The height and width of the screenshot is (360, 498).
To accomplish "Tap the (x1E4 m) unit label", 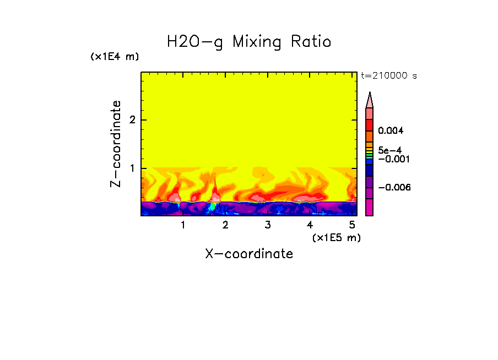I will coord(115,57).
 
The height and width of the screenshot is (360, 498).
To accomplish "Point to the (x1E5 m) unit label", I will coord(335,237).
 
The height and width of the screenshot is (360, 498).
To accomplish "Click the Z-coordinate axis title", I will coord(116,144).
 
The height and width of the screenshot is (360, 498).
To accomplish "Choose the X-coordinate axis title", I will coord(249,254).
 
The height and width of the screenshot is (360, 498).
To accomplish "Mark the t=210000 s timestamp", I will coord(388,75).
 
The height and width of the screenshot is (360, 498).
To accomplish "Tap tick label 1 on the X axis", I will coord(183,225).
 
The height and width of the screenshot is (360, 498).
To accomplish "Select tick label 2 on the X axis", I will coord(225,225).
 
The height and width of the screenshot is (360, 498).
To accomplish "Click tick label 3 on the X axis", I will coord(268,225).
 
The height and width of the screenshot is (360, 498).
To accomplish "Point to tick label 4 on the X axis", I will coord(310,225).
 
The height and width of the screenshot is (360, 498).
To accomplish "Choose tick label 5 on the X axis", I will coord(352,225).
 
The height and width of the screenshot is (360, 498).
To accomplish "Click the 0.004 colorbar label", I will coord(392,131).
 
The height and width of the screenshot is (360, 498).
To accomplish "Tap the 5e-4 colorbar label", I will coord(389,150).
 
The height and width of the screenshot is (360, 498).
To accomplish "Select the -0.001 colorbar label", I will coord(392,159).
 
